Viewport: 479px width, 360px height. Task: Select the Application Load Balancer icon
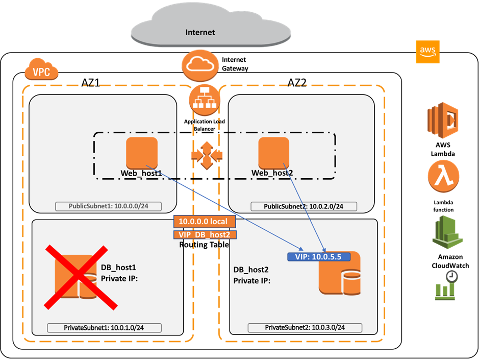click(x=204, y=100)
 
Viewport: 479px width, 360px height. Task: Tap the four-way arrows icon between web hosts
click(x=207, y=156)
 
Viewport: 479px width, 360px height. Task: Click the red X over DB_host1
click(x=76, y=277)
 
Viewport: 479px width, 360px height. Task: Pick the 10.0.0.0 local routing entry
click(x=204, y=222)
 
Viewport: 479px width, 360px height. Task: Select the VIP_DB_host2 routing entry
click(x=204, y=234)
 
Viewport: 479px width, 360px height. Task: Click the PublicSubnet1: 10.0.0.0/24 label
click(x=108, y=206)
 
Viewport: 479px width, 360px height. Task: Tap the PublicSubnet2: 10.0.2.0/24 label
click(x=304, y=206)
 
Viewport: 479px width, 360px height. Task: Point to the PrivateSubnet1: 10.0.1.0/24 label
click(x=104, y=327)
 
